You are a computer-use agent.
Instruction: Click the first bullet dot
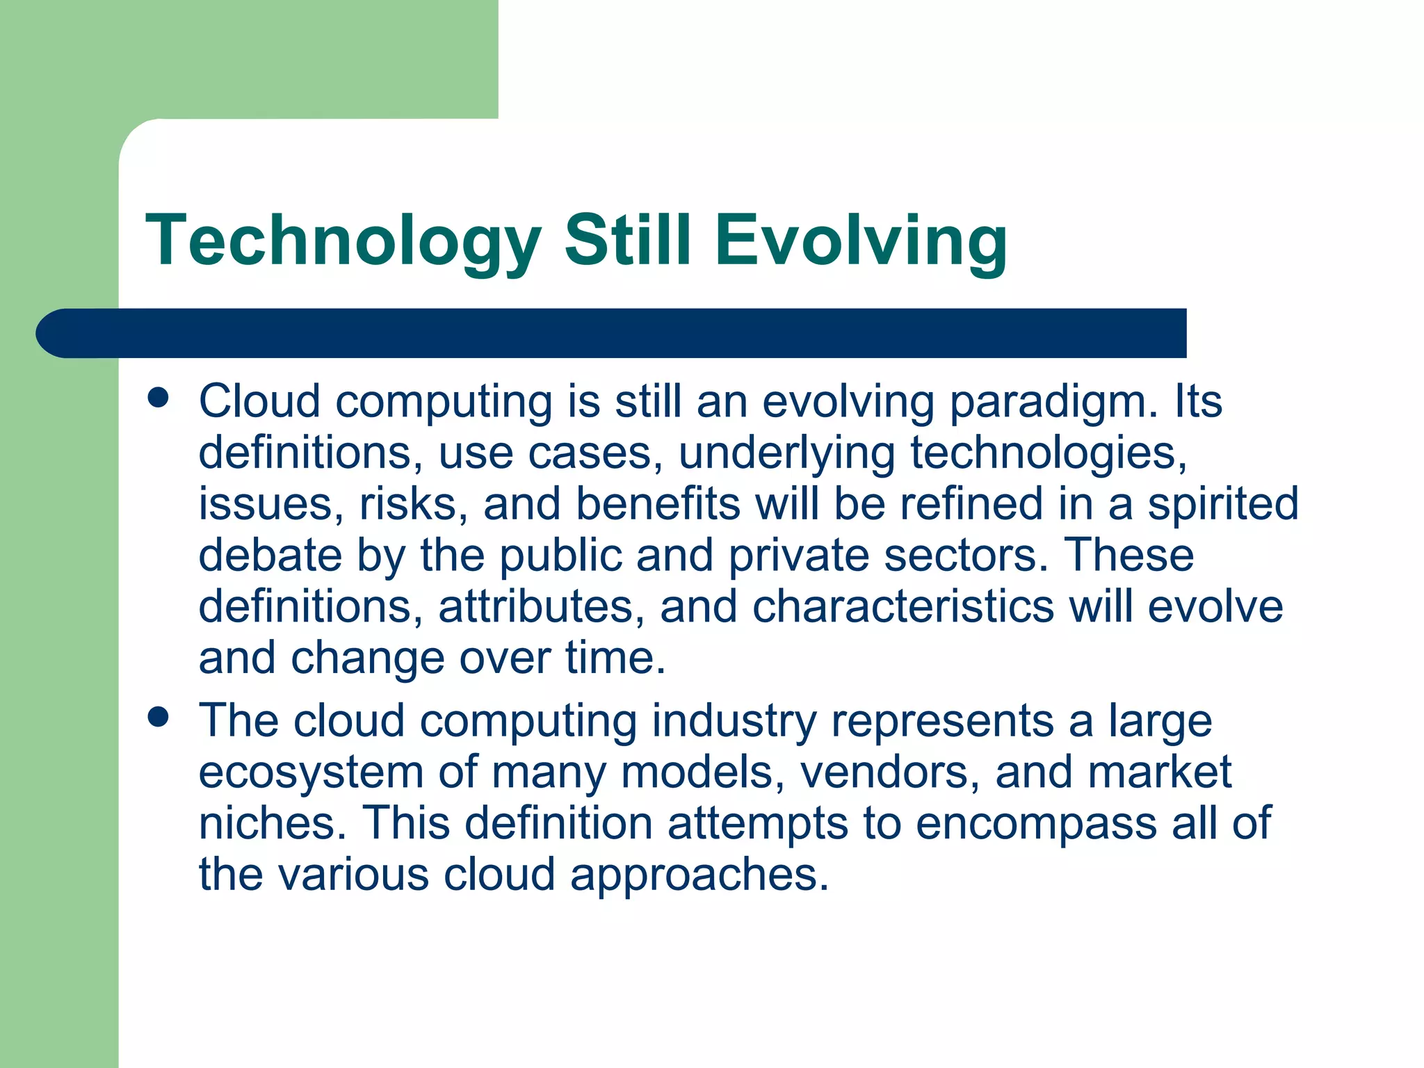point(159,398)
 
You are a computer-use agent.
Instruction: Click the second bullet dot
point(159,717)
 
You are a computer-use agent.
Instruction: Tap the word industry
point(734,721)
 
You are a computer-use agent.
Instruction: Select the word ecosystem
point(311,772)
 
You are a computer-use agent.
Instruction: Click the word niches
point(272,823)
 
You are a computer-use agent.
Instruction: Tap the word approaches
point(699,875)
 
